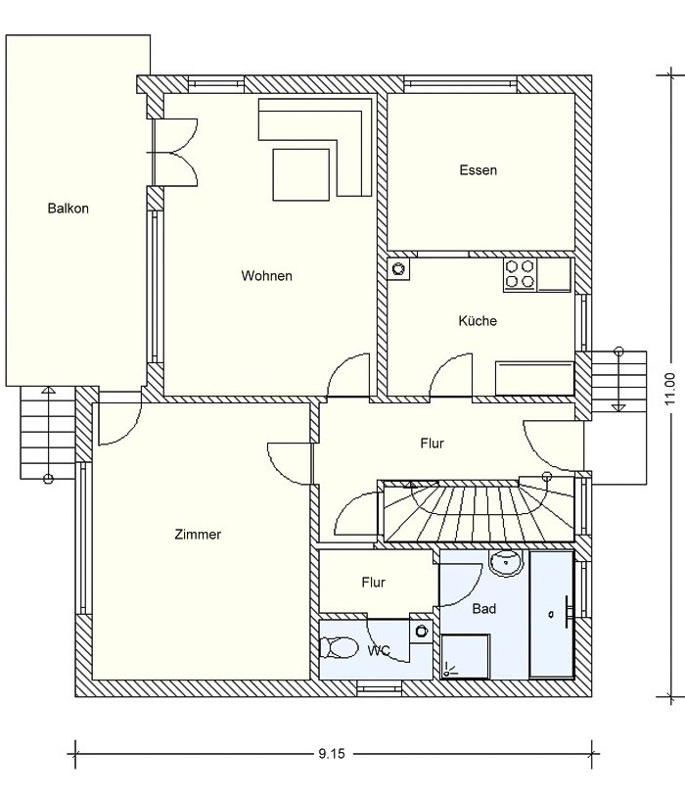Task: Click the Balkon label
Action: point(68,209)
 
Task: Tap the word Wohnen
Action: point(266,276)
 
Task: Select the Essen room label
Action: point(478,170)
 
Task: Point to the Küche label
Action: point(478,320)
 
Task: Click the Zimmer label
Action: point(198,535)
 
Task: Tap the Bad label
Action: point(484,609)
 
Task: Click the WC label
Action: point(379,650)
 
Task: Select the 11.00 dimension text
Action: point(670,390)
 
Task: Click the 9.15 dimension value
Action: point(332,754)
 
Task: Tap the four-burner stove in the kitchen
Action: point(521,274)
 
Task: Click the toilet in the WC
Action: point(339,648)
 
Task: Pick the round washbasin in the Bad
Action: point(506,563)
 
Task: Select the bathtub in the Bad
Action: point(552,614)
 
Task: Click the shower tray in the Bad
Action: point(466,656)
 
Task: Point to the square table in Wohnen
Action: point(301,174)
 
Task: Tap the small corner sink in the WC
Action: point(421,633)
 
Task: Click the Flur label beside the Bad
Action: point(374,583)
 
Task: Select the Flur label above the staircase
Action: point(433,444)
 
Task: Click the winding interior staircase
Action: point(478,510)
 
